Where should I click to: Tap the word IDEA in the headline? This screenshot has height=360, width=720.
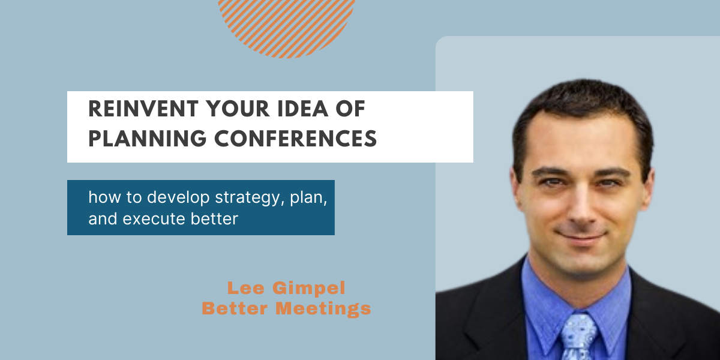(303, 109)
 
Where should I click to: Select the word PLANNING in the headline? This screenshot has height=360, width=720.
(147, 139)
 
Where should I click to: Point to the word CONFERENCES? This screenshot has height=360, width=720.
(295, 139)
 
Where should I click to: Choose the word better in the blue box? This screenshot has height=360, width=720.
(214, 218)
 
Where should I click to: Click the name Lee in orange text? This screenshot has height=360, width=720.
(246, 287)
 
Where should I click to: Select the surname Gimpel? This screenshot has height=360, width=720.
(309, 289)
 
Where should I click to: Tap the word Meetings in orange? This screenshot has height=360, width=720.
(323, 309)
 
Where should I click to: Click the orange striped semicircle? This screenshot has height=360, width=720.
(286, 26)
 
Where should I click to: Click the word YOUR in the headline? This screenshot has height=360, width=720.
(238, 109)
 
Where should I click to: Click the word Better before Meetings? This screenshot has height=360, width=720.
(235, 308)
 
